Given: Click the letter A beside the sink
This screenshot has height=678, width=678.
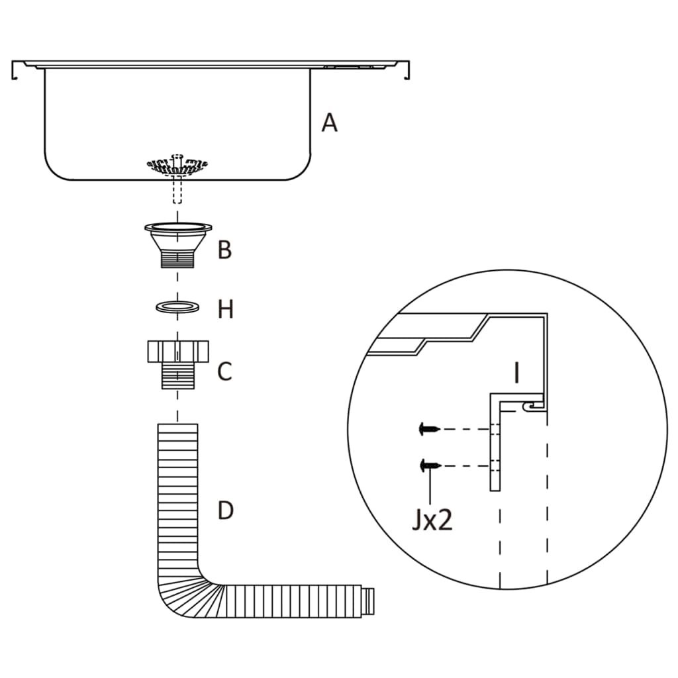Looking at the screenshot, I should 329,122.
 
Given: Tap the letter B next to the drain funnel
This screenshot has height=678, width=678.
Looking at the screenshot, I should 225,250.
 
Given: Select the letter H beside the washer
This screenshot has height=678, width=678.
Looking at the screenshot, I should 226,309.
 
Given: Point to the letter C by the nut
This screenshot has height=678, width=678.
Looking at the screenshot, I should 225,371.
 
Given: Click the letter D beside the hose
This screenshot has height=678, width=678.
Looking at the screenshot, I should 226,510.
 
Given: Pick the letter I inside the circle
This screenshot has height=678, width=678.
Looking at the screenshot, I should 516,373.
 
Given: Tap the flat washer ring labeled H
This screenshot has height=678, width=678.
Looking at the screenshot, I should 177,307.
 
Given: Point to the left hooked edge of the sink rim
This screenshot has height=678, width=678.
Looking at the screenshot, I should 15,71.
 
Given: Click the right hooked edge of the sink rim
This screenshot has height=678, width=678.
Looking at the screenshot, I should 407,71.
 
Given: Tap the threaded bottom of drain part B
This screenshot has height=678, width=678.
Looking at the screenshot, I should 177,259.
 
